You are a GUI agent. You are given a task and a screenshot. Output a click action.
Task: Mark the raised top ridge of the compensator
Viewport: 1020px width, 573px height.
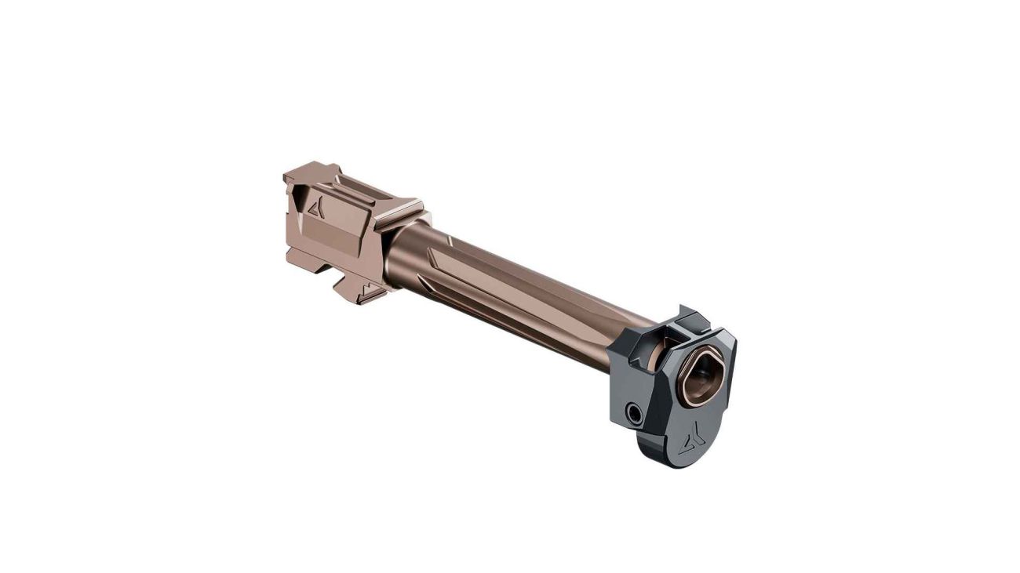point(691,317)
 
